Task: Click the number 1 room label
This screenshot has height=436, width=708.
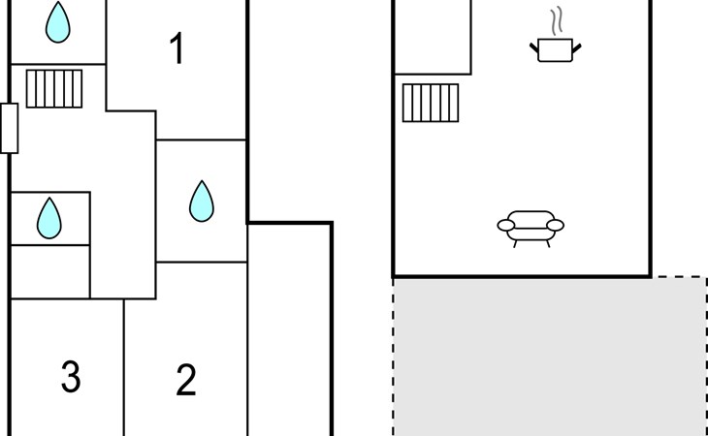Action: click(177, 49)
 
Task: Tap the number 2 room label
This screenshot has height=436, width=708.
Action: click(186, 380)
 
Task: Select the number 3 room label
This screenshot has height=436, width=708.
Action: click(70, 377)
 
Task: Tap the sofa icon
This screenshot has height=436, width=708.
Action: click(531, 228)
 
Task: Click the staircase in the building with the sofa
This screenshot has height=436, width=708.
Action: click(430, 103)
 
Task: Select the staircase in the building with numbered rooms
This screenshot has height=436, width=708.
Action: click(52, 88)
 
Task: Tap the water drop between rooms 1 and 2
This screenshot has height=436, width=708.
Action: click(201, 201)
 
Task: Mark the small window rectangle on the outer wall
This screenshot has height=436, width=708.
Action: click(10, 128)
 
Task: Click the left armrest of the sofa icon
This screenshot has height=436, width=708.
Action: click(506, 226)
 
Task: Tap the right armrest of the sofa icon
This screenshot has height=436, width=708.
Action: click(555, 226)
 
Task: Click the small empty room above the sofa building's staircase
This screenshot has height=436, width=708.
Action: click(433, 37)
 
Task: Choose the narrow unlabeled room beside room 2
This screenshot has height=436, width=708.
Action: click(289, 329)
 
